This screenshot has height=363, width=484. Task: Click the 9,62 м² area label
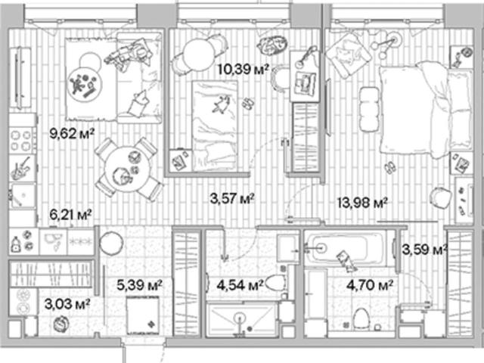click(72, 134)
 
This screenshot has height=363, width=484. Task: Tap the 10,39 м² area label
click(243, 69)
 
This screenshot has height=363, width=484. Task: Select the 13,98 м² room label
click(362, 203)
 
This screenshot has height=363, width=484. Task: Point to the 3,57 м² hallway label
click(232, 198)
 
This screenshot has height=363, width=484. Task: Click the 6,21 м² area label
click(71, 215)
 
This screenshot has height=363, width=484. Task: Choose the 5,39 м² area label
click(139, 285)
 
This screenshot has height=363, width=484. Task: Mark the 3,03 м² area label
click(67, 304)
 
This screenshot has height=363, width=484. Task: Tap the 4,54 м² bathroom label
click(240, 285)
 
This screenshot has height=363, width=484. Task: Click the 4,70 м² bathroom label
click(370, 285)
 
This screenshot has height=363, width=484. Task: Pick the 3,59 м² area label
click(425, 250)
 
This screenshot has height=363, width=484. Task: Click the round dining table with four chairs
click(128, 169)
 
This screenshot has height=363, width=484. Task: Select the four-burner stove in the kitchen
click(20, 141)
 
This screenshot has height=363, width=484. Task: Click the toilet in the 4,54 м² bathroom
click(275, 283)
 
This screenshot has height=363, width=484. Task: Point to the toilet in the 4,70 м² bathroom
click(360, 318)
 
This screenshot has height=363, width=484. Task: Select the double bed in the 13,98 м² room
click(425, 110)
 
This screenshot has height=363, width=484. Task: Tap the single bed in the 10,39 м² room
click(215, 126)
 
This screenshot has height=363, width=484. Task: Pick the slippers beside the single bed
click(247, 103)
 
